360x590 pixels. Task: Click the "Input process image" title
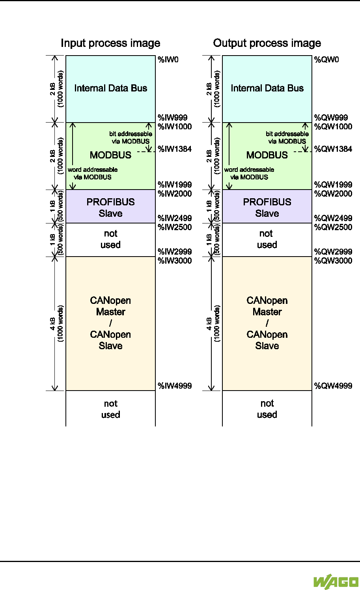coord(110,43)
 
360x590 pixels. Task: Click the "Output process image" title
coord(267,43)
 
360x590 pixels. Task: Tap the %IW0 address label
coord(168,60)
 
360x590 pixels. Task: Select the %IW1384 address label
coord(175,149)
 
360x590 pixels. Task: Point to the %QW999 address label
coord(331,117)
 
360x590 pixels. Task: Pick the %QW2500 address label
coord(333,227)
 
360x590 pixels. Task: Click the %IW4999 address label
coord(175,386)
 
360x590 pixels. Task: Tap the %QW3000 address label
coord(333,261)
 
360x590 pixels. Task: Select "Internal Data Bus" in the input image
coord(110,88)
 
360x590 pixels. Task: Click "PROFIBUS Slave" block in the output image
coord(267,207)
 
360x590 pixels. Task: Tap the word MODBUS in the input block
coord(110,155)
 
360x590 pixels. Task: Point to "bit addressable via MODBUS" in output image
coord(287,138)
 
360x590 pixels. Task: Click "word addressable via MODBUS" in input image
coord(93,173)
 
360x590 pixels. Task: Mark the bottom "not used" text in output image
coord(267,409)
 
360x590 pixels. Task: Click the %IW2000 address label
coord(175,194)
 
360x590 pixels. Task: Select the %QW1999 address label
coord(333,184)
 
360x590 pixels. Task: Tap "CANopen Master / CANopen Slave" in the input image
coord(110,323)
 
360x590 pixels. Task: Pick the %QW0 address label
coord(326,60)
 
